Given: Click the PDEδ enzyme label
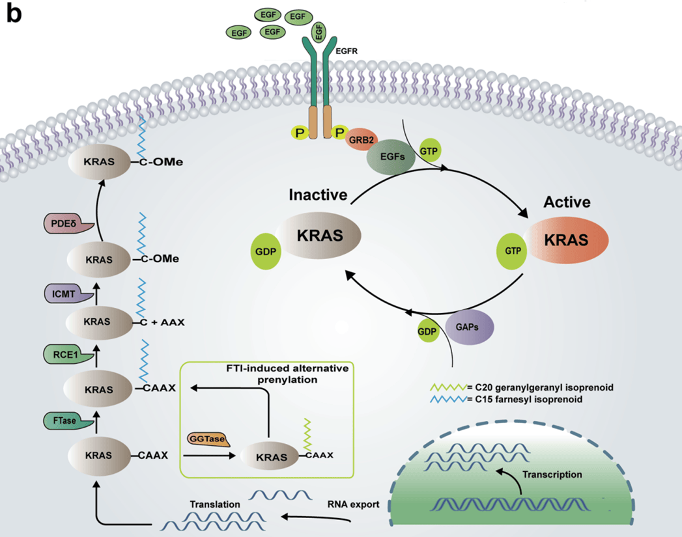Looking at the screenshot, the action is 68,224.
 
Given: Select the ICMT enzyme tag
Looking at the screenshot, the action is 68,294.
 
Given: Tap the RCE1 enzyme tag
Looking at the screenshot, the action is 68,355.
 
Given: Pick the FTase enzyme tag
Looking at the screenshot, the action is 68,420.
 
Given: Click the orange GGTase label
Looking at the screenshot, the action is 208,439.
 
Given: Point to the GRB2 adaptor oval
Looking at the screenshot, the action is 362,139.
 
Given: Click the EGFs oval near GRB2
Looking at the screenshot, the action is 392,157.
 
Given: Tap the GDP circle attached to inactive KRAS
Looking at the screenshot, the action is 266,251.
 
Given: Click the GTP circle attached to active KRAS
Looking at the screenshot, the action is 513,251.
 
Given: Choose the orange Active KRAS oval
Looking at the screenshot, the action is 567,240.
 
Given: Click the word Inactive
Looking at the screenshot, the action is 318,195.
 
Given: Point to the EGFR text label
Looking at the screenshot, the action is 347,51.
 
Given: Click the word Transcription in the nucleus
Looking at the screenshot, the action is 552,475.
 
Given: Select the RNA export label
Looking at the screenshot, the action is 353,504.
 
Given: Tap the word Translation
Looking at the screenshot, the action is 215,504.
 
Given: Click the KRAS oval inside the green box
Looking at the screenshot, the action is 271,457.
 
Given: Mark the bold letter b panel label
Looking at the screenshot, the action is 14,13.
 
